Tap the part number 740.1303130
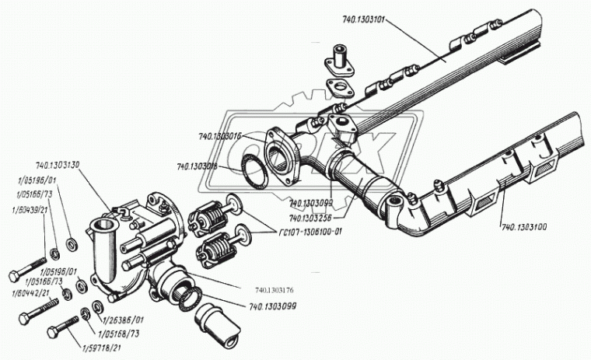64,166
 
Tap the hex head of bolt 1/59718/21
52,332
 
